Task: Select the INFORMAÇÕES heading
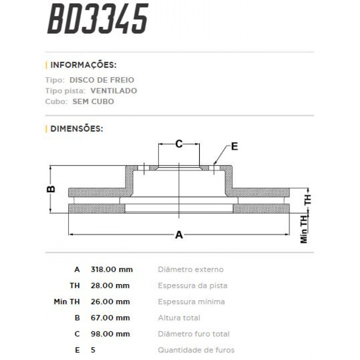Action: tap(83, 65)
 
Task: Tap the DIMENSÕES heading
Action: tap(76, 129)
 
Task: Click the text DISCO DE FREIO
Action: tap(102, 80)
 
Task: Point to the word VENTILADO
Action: tap(113, 91)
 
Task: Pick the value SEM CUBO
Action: tap(93, 101)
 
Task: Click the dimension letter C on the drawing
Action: tap(179, 144)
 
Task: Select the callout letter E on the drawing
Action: tap(234, 146)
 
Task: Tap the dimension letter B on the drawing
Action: tap(51, 189)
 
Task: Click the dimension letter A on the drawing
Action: tap(179, 235)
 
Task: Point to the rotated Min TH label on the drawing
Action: tap(304, 229)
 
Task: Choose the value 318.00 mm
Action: tap(112, 269)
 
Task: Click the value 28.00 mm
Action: tap(110, 286)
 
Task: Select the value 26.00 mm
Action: tap(110, 301)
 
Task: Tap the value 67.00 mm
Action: tap(110, 318)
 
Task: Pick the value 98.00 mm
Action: tap(110, 334)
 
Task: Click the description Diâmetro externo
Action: tap(190, 269)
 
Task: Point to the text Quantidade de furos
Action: tap(196, 350)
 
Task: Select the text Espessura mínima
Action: tap(191, 301)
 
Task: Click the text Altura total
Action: tap(179, 318)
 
